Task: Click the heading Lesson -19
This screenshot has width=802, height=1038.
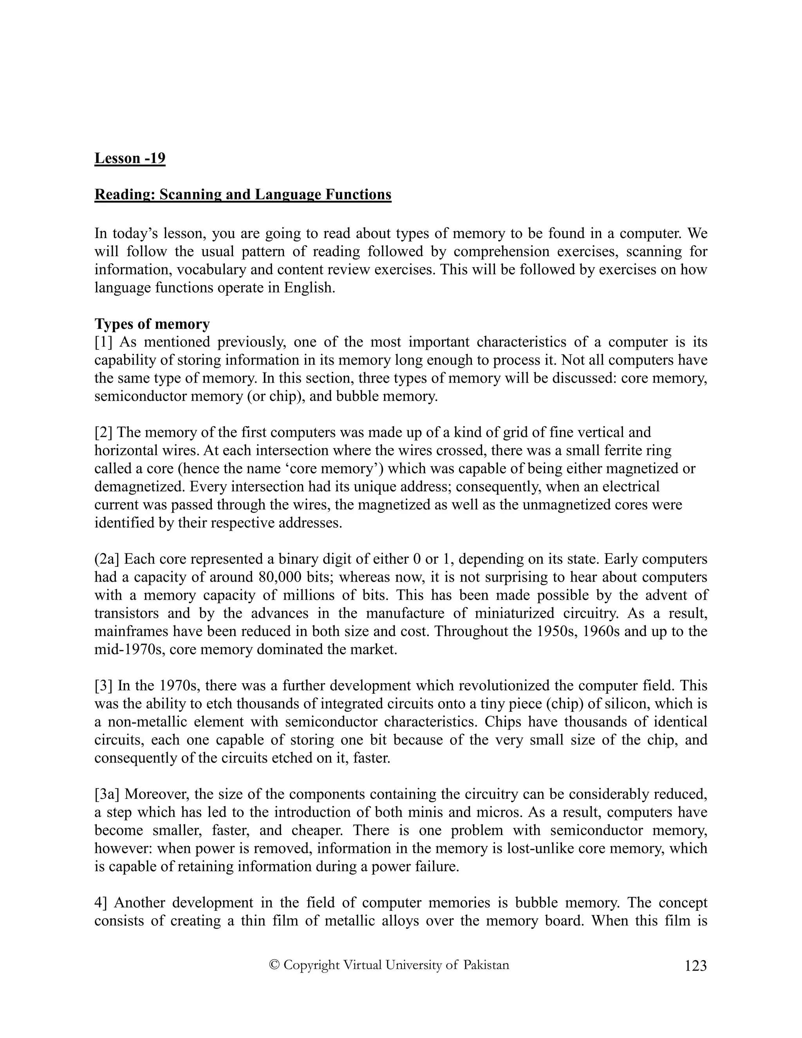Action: click(x=130, y=158)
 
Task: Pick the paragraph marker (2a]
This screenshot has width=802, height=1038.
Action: click(x=107, y=559)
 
